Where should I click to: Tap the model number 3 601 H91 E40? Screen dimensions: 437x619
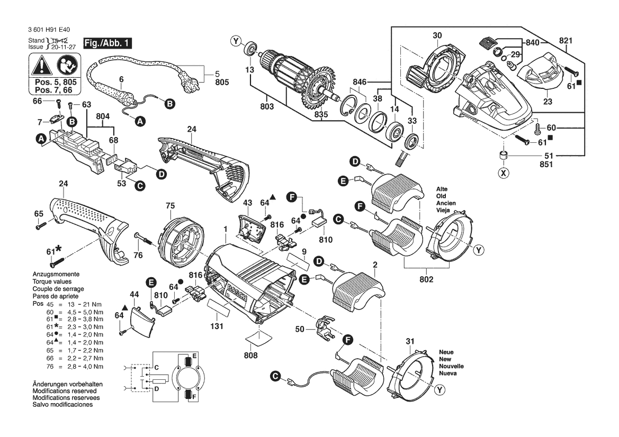50,30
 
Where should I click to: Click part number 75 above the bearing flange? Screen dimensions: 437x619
170,205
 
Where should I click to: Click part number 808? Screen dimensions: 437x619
250,356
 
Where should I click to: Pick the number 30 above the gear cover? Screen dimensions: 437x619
437,36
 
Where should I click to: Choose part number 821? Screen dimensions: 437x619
566,40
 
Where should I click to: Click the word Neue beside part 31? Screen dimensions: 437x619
446,352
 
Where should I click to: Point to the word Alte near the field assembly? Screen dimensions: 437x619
442,189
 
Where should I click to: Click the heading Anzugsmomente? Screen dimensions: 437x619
56,275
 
